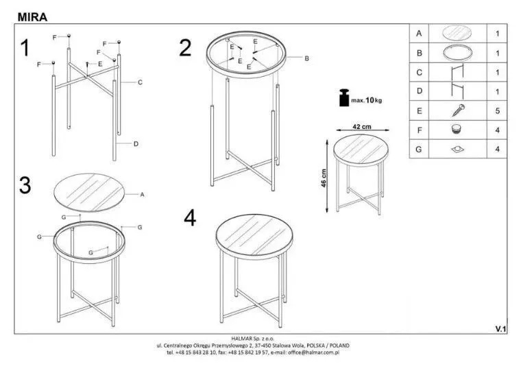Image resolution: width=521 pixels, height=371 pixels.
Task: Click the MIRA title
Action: pyautogui.click(x=32, y=17)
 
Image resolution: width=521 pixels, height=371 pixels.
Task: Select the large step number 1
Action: pyautogui.click(x=25, y=47)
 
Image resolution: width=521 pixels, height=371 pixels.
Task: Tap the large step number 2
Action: pyautogui.click(x=185, y=47)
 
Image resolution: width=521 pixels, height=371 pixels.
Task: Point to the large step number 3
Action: pyautogui.click(x=25, y=185)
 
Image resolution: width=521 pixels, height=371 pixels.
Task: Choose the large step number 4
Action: pyautogui.click(x=190, y=218)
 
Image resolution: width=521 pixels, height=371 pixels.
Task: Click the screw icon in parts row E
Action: pyautogui.click(x=459, y=110)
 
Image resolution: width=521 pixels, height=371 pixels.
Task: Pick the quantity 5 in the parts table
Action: pyautogui.click(x=498, y=110)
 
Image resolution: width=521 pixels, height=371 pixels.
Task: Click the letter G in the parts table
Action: pyautogui.click(x=419, y=149)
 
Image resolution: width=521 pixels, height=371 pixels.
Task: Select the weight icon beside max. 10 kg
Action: pyautogui.click(x=344, y=98)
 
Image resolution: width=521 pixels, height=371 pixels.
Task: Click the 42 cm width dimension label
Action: pyautogui.click(x=362, y=126)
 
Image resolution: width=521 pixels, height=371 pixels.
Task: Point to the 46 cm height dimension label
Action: pyautogui.click(x=324, y=178)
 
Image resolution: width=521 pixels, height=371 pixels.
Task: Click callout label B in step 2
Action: pyautogui.click(x=306, y=58)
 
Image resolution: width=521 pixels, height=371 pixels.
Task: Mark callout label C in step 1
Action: pyautogui.click(x=140, y=82)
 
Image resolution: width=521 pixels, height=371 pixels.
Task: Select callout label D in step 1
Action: pyautogui.click(x=136, y=144)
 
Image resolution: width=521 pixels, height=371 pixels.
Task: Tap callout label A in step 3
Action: pyautogui.click(x=142, y=195)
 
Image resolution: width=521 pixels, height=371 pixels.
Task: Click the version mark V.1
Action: pyautogui.click(x=500, y=328)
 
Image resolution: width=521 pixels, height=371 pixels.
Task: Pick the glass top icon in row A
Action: pyautogui.click(x=457, y=33)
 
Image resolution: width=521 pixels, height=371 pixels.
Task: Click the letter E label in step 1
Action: pyautogui.click(x=100, y=64)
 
